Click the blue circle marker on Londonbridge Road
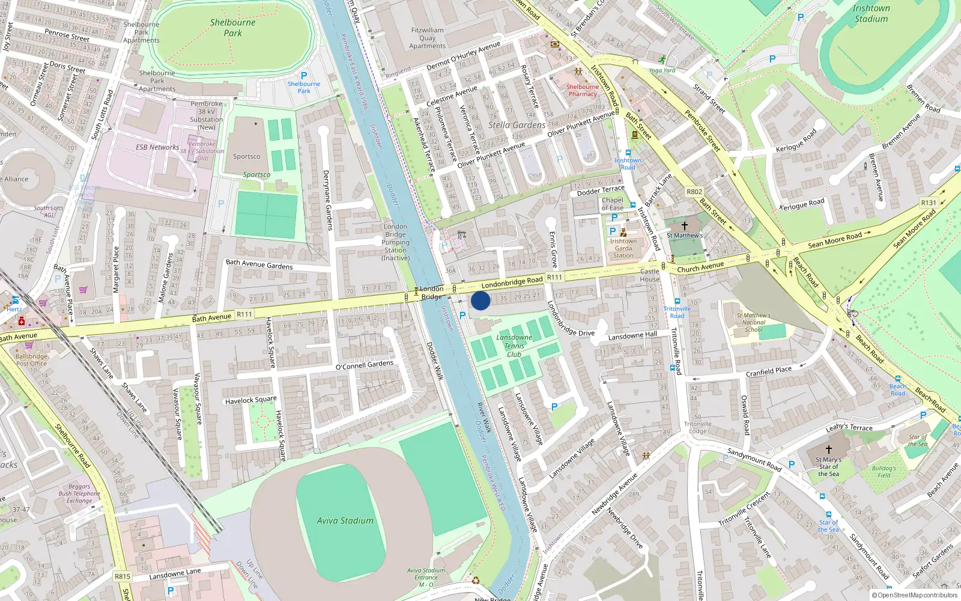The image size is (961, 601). (x=480, y=300)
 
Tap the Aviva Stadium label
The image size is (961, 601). (x=345, y=521)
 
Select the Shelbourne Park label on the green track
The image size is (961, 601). (x=232, y=28)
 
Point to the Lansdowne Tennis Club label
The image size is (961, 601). (x=514, y=346)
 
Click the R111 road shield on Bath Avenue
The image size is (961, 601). (x=244, y=314)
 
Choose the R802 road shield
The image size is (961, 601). (x=694, y=192)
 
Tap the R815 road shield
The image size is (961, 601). (x=123, y=576)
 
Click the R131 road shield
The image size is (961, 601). (x=929, y=203)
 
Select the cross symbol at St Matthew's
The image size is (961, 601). (x=684, y=226)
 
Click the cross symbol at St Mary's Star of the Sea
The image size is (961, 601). (x=829, y=449)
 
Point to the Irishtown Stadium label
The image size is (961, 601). (x=871, y=13)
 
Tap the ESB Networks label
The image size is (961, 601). (x=157, y=147)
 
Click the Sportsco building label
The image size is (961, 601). (x=247, y=156)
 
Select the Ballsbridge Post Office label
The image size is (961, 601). (x=32, y=360)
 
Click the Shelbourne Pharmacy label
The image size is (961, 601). (x=583, y=90)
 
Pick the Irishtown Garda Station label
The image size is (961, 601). (x=623, y=248)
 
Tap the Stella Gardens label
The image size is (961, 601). (x=517, y=125)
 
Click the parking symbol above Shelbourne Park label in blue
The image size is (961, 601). (x=304, y=76)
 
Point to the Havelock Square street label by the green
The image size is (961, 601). (x=251, y=400)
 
